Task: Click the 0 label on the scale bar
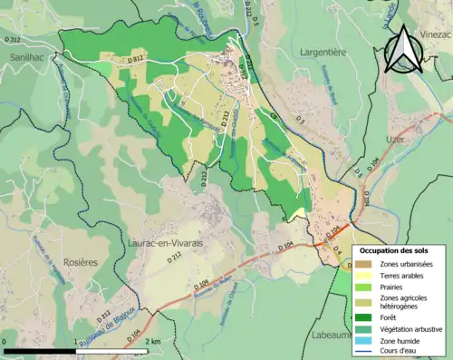click(5, 341)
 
